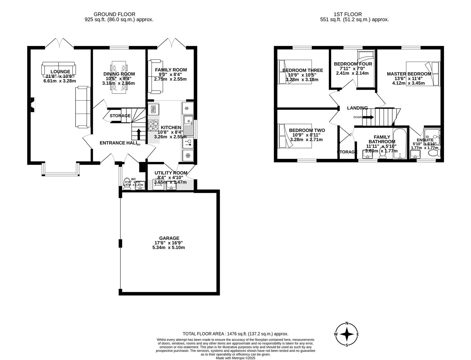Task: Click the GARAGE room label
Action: pos(169,238)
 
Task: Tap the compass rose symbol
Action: pos(347,334)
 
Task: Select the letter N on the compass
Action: pos(347,323)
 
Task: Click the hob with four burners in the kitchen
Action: pos(153,125)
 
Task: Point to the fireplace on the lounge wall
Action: pos(32,104)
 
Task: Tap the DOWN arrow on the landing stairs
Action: pos(368,117)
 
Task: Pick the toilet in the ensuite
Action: pos(434,153)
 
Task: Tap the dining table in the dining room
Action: pos(119,77)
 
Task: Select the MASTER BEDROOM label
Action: pos(409,74)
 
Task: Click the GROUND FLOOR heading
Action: pos(114,14)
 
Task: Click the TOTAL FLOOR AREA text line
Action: pos(235,334)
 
